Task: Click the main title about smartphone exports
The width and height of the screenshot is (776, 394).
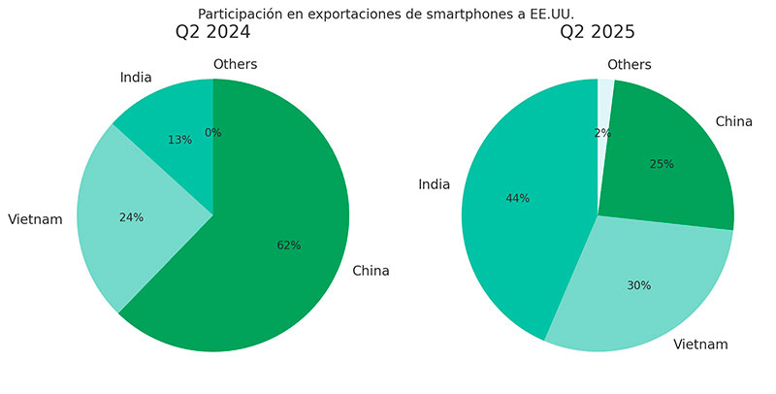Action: (x=385, y=14)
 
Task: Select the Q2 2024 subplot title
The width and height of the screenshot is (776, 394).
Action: (x=212, y=33)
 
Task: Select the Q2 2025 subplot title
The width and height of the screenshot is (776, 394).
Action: (x=597, y=33)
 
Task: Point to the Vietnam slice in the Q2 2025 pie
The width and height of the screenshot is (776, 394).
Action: (x=640, y=291)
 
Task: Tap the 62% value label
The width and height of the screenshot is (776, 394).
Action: (x=288, y=246)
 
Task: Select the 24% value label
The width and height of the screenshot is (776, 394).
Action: (x=131, y=217)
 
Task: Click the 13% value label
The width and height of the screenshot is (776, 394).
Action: (x=179, y=140)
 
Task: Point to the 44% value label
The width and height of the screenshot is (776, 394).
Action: (x=517, y=198)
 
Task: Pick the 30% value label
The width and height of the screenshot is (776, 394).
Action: (x=638, y=285)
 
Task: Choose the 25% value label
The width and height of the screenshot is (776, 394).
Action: (x=662, y=164)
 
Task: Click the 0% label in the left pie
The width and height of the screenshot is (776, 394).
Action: (x=212, y=133)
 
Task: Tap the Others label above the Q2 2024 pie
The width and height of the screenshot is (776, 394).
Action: (x=235, y=65)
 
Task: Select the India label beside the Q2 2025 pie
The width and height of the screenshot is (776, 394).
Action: (x=434, y=184)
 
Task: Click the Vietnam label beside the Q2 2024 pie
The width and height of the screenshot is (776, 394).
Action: (x=35, y=219)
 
